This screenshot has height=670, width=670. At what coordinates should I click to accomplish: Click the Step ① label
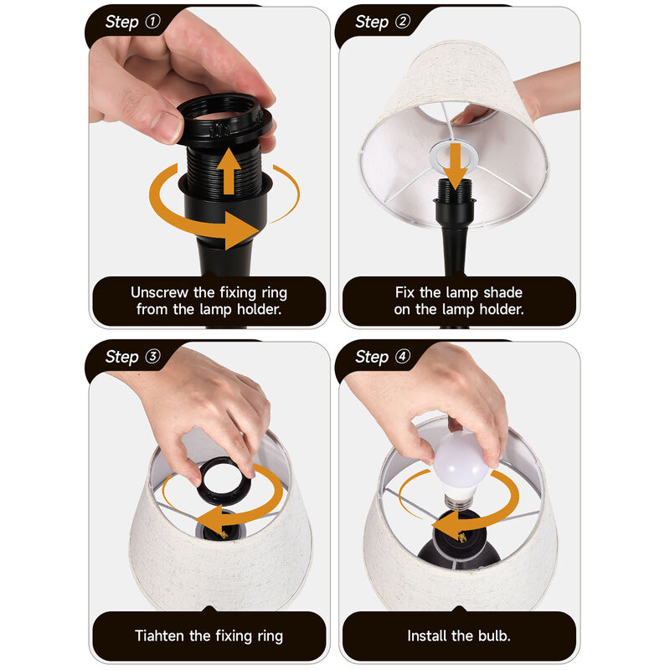pos(132,22)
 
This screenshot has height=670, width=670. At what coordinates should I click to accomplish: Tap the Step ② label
pos(383,22)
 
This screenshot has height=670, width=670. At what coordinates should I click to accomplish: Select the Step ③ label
pos(132,357)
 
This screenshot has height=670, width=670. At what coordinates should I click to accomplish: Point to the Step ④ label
pos(383,357)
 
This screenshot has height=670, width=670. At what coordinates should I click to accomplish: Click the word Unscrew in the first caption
pos(159,292)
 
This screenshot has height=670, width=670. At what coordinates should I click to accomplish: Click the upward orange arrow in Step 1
pos(229,171)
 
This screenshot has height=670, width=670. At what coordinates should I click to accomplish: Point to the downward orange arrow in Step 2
pos(456,166)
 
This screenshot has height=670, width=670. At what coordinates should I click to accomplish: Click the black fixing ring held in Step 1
pos(224,121)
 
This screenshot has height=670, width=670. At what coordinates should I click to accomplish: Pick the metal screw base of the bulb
pos(457,501)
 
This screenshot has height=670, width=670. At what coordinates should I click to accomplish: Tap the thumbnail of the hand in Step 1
pos(167,127)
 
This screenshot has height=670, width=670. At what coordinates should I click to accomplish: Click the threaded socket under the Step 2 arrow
pos(456,191)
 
